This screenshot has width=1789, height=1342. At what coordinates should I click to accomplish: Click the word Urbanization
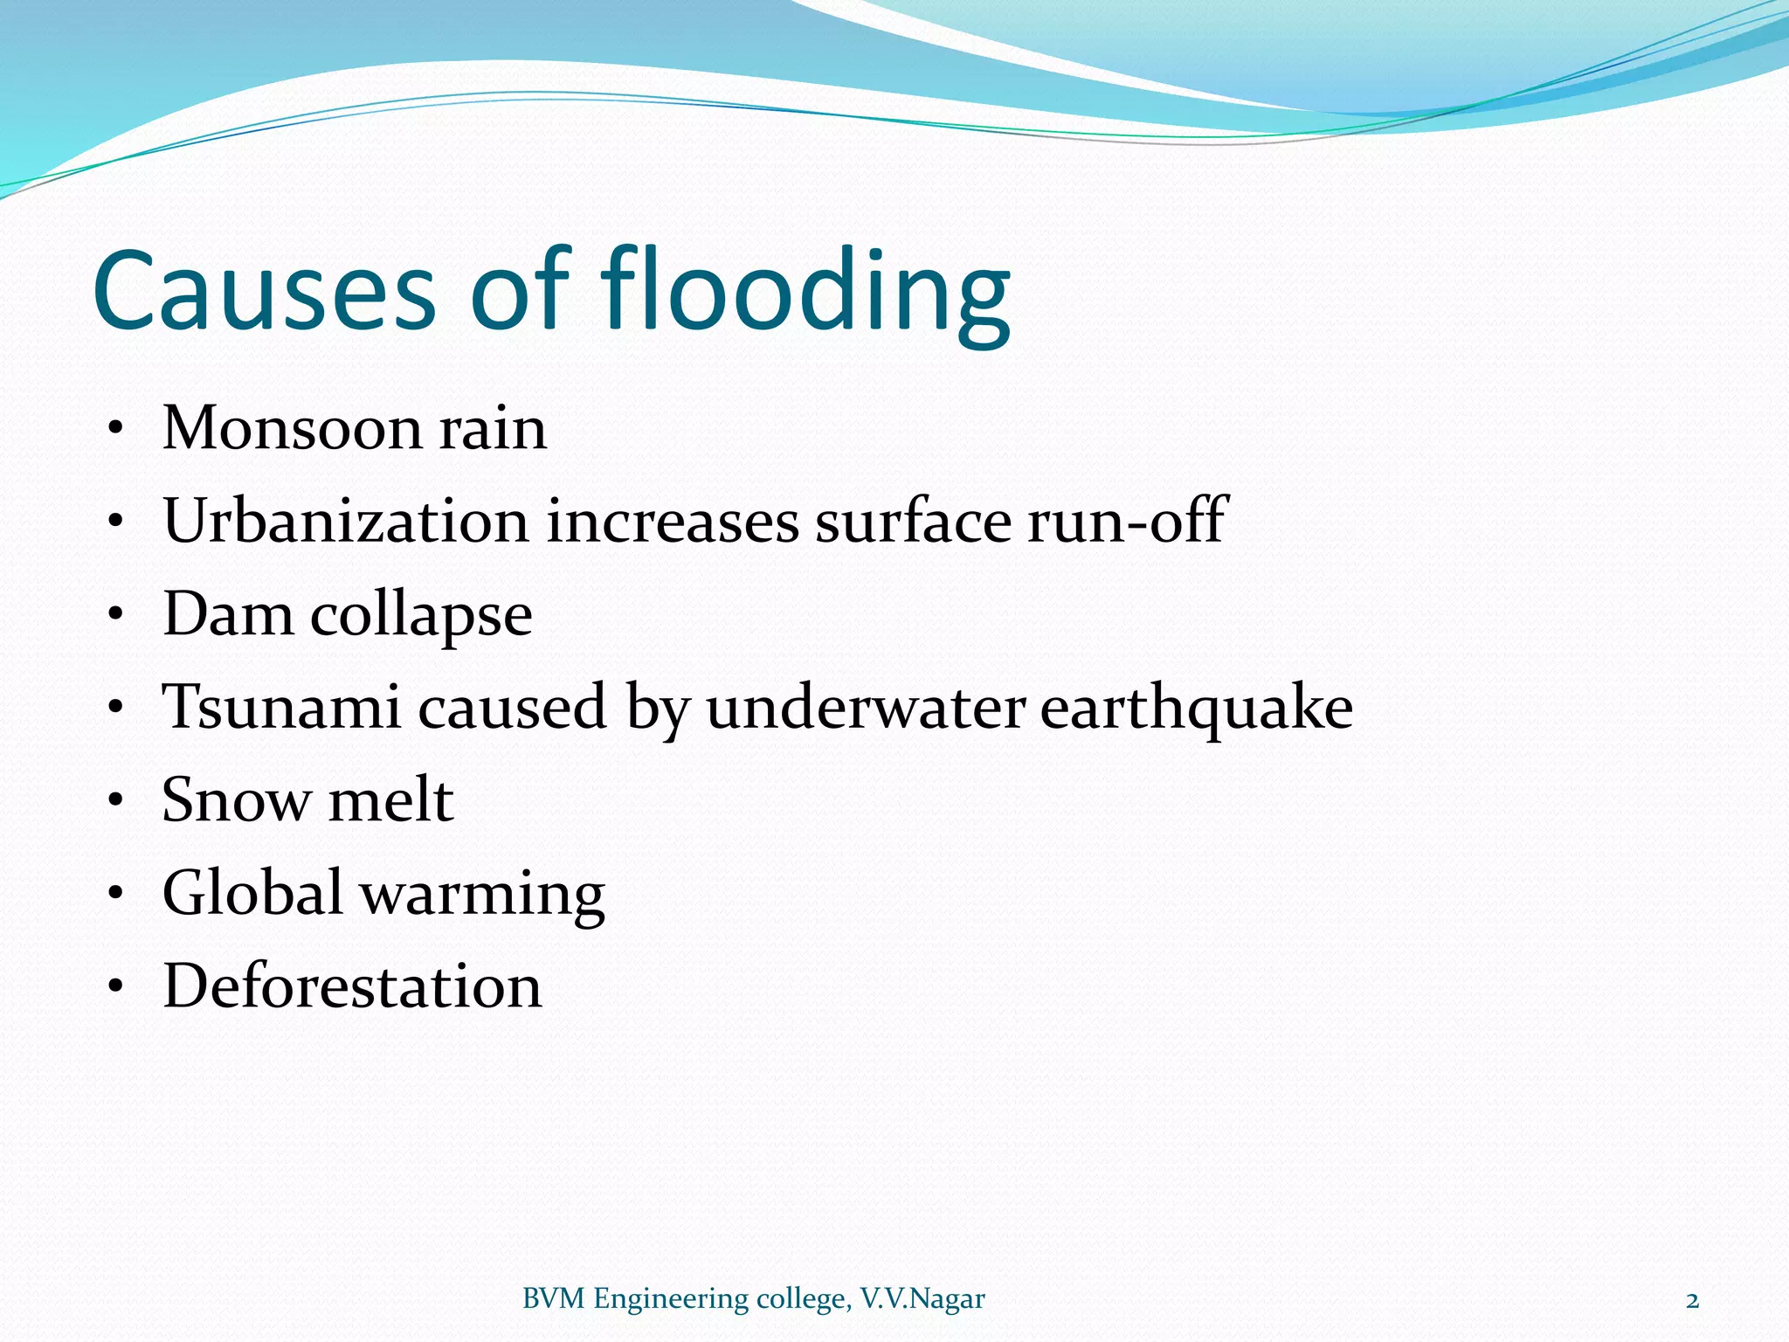(346, 522)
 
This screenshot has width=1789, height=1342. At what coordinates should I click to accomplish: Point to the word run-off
(1128, 522)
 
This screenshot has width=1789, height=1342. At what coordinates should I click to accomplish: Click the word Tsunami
(281, 707)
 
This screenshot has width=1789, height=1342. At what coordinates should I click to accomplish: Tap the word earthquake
(1196, 709)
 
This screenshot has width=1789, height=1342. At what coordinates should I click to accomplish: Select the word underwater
(866, 707)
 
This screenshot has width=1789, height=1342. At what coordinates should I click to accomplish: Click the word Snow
(236, 800)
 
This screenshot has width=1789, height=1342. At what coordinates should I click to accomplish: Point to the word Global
(252, 893)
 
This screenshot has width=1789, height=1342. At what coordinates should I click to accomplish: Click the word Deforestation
(352, 986)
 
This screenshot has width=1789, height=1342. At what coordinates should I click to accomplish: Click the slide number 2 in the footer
(1692, 1301)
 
